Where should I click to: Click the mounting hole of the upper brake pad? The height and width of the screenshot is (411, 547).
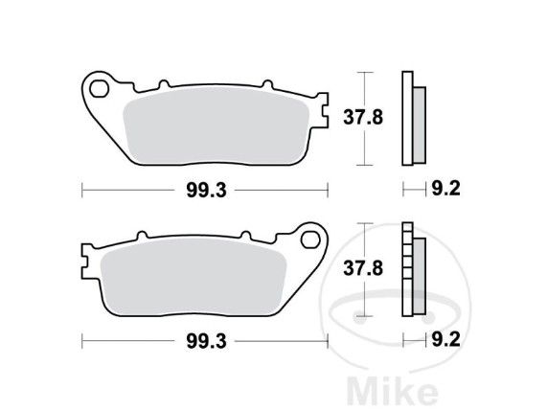pyautogui.click(x=99, y=89)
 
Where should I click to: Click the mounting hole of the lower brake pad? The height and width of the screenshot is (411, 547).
pyautogui.click(x=310, y=240)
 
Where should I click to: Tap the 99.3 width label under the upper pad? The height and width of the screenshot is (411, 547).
pyautogui.click(x=207, y=191)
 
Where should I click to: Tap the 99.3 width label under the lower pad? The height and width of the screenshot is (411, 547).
pyautogui.click(x=207, y=341)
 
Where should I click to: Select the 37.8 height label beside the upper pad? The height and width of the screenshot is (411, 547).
pyautogui.click(x=363, y=117)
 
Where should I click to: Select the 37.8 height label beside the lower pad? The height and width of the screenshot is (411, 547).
pyautogui.click(x=363, y=268)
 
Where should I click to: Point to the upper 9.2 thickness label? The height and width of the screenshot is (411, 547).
pyautogui.click(x=446, y=189)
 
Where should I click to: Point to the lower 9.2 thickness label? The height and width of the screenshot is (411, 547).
pyautogui.click(x=446, y=339)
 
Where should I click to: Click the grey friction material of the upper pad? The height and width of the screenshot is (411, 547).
pyautogui.click(x=217, y=126)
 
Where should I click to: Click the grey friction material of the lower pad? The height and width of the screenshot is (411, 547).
pyautogui.click(x=193, y=277)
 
